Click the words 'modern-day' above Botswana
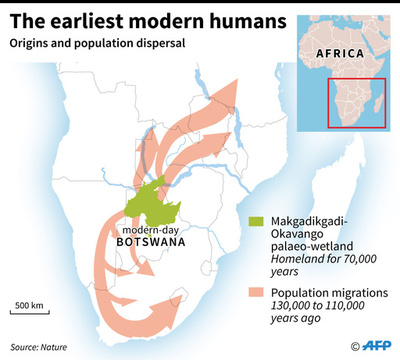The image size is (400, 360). pos(150,228)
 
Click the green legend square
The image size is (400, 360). pos(258,221)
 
